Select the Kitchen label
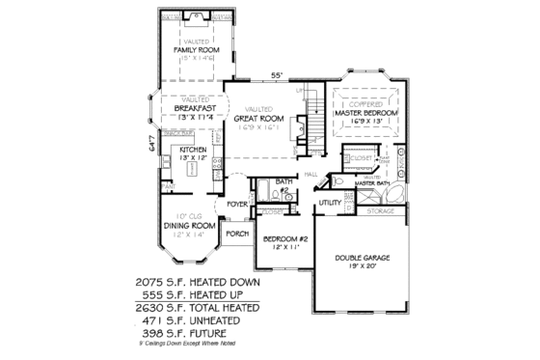(x=193, y=152)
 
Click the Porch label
(x=236, y=235)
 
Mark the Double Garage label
(x=363, y=259)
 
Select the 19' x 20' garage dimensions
(x=363, y=268)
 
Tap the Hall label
(x=311, y=174)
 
